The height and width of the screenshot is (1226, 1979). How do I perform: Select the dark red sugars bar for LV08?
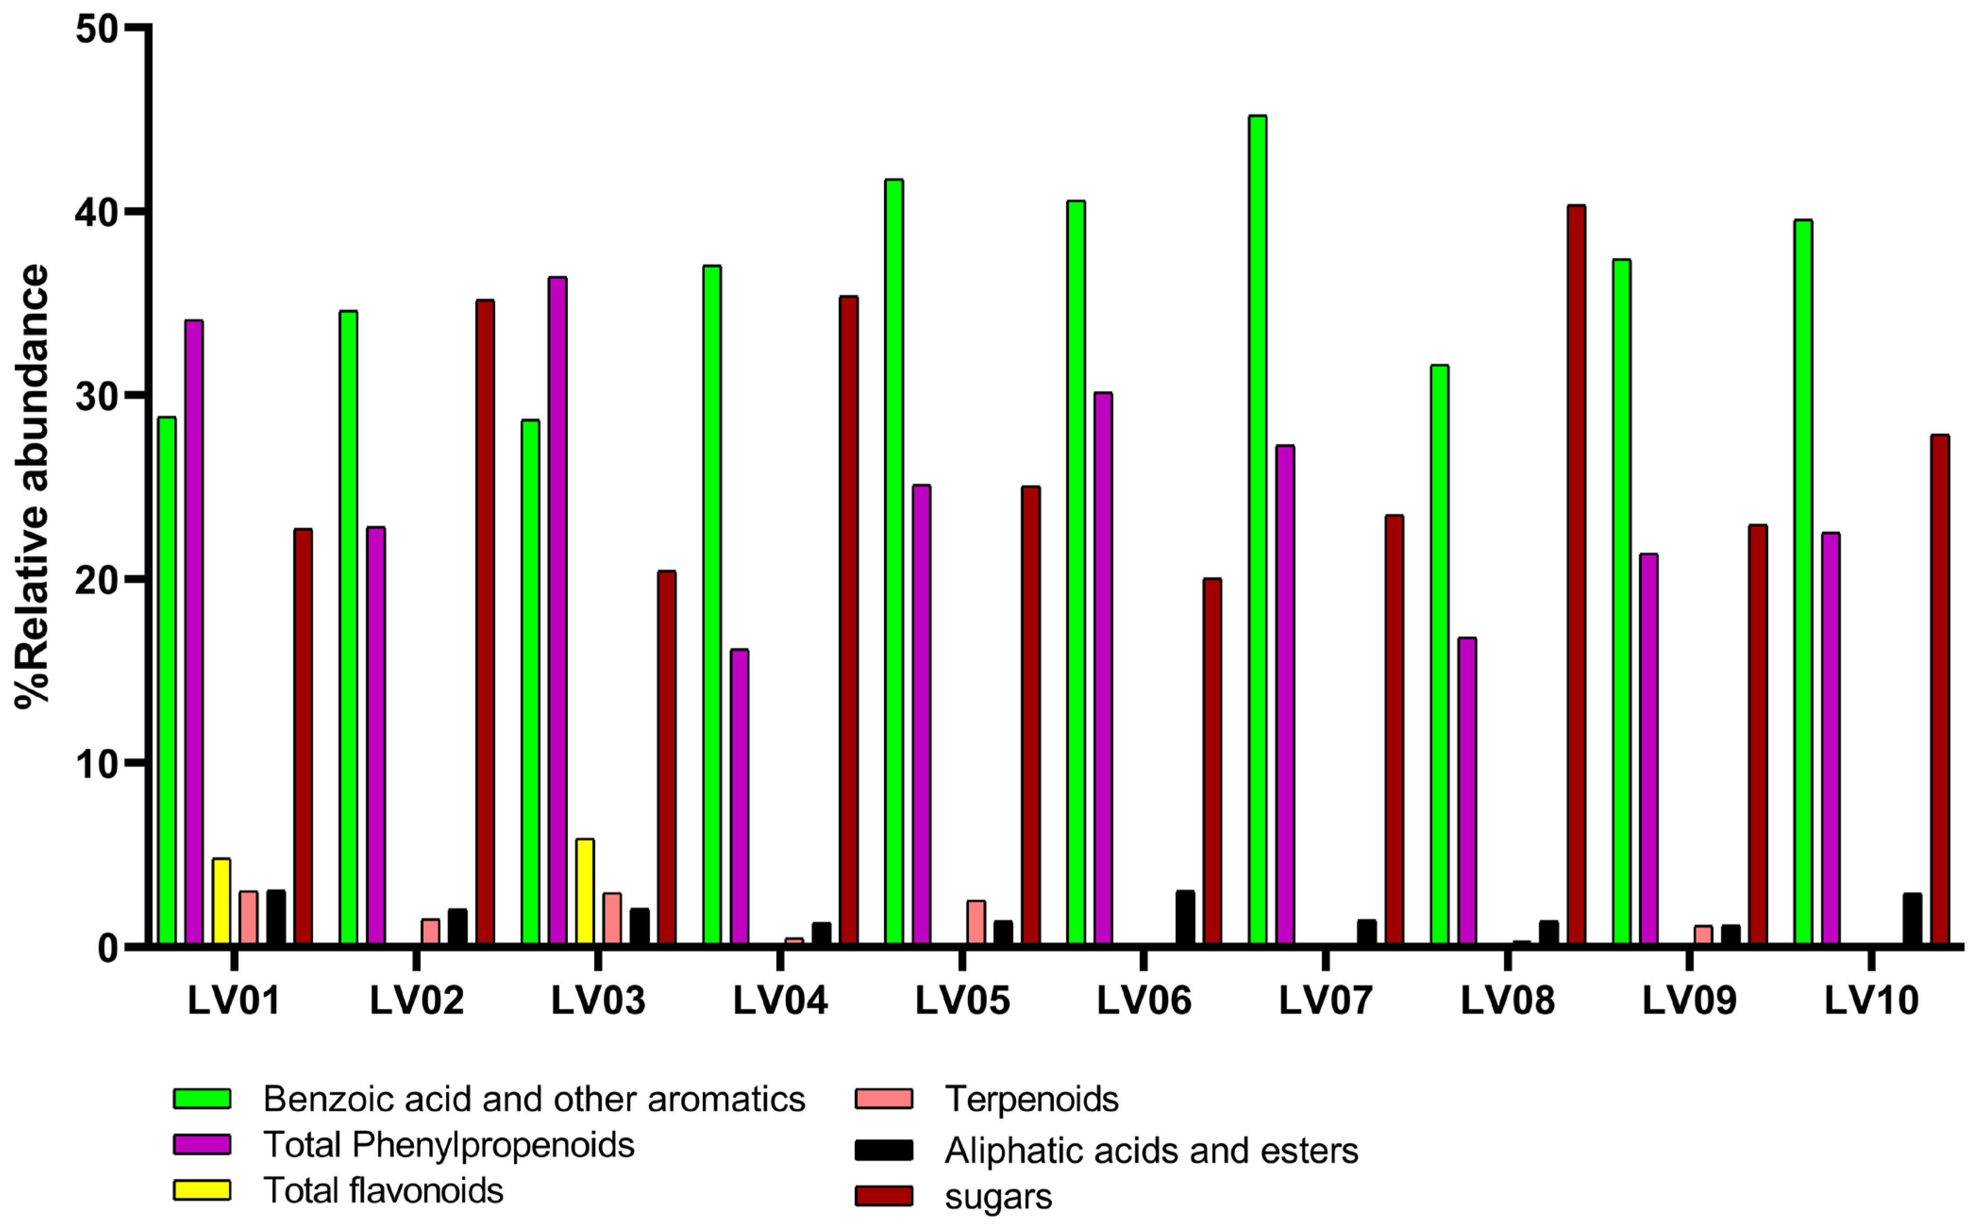[x=1576, y=575]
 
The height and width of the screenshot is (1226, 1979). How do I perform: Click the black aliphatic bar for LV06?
[x=1185, y=917]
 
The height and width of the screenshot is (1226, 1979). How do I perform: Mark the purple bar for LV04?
[x=739, y=796]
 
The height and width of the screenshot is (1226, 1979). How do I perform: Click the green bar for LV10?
[x=1803, y=582]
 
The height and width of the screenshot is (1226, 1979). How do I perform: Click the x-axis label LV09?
[x=1690, y=1001]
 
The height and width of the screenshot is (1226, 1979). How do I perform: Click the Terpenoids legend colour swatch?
[x=884, y=1099]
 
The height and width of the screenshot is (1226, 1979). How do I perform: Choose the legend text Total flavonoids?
[x=383, y=1190]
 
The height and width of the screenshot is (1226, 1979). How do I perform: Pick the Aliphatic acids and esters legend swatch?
[x=884, y=1150]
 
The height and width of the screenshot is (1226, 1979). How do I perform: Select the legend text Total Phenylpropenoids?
[x=449, y=1145]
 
